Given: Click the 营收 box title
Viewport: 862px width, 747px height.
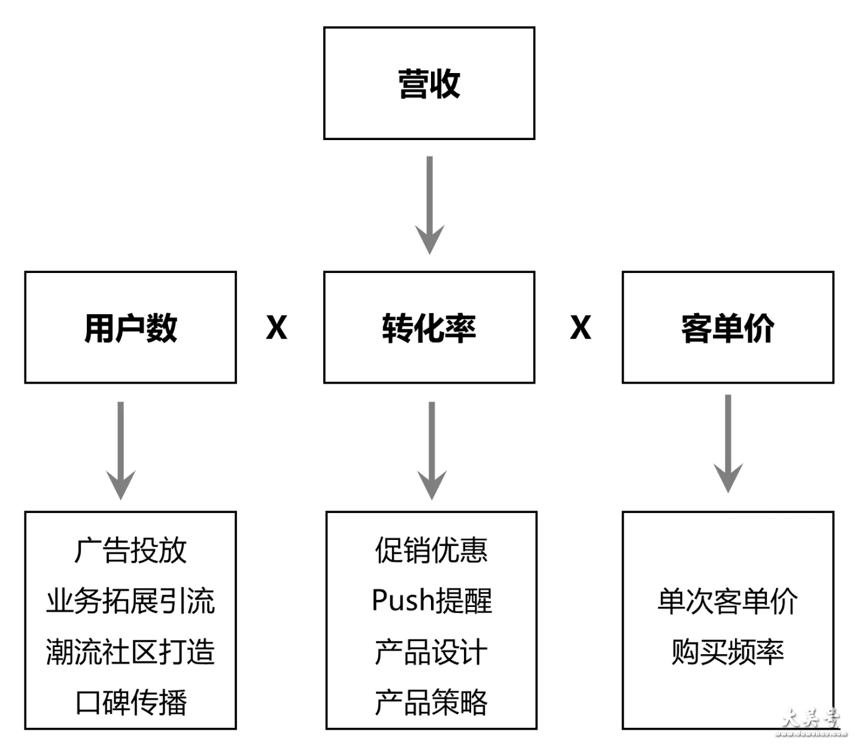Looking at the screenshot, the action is pos(429,84).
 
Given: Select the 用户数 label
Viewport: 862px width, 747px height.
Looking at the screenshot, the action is pos(130,328).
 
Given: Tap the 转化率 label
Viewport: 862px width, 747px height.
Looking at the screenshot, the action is pos(429,328).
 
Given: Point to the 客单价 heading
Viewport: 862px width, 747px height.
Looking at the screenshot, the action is pos(728,328).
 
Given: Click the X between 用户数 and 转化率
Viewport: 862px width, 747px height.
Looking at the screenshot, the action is pos(277,327).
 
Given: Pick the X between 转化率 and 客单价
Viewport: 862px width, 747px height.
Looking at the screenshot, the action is pos(581,327).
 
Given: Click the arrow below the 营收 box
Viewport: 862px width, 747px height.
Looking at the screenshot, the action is pos(430,205).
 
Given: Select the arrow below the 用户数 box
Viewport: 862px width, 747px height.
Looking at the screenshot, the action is pos(121,451).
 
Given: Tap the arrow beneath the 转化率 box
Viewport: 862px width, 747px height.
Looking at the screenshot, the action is pos(432,451).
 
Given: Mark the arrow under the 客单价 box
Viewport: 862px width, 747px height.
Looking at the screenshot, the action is pos(728,444).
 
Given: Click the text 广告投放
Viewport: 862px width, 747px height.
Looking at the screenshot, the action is pos(130,550).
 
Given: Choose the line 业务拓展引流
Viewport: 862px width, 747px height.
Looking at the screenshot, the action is pos(130,601).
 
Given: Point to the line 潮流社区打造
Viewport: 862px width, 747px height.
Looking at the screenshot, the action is pos(130,651).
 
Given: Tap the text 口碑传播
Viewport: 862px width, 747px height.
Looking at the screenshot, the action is pos(131,702).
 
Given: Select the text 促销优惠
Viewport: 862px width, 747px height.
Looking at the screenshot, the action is pos(431,550).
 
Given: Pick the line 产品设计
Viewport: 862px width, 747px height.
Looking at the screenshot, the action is pos(431,651).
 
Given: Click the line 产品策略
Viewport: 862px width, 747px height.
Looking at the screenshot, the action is pos(431,702).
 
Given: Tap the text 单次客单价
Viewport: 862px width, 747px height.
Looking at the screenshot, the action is pos(728,601).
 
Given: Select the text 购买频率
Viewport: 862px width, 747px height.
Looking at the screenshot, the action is pos(728,651).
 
